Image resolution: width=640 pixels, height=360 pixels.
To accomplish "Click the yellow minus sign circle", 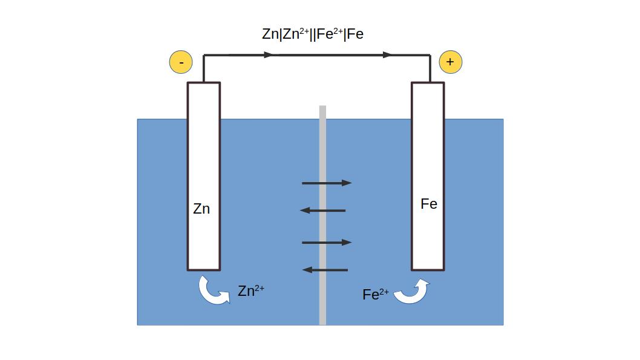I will pos(181,62).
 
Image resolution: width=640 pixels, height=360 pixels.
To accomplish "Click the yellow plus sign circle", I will pos(450,62).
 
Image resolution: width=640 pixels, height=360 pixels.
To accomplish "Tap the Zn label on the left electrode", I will pos(201,209).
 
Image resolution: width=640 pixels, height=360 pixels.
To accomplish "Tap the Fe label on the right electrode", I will pos(429,204).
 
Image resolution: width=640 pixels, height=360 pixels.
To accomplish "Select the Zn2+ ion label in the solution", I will pos(250,291).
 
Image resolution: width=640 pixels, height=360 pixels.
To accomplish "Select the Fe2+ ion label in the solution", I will pos(375,295).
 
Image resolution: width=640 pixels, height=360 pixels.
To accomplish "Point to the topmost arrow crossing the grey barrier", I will pos(327,183).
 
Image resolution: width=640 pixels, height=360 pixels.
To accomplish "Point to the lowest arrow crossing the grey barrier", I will pos(325,270).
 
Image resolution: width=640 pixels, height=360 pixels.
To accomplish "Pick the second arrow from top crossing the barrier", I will pos(323,211).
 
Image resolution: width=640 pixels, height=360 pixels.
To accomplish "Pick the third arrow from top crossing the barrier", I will pos(327,243).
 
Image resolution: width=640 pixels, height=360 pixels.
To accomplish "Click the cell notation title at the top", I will pos(313,34).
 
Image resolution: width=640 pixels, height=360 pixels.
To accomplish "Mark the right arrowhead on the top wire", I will pos(387,55).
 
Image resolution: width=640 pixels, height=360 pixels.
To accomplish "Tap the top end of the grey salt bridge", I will pos(322,108).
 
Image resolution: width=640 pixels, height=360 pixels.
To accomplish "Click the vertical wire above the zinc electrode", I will pos(204,68).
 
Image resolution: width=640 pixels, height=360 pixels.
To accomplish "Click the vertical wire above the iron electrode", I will pos(430,68).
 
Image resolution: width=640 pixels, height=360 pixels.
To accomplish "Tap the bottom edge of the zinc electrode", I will pos(204,269).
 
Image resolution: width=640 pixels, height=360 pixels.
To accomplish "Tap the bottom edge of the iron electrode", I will pos(428,269).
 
